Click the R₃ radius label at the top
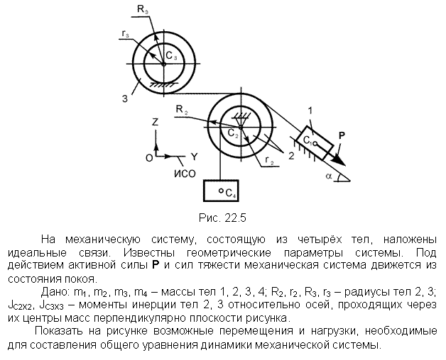click(143, 10)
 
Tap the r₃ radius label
click(126, 34)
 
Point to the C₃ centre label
click(171, 56)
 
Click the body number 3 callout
click(125, 99)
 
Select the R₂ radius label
click(182, 109)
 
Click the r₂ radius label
click(269, 160)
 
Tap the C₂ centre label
click(233, 133)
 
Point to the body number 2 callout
click(291, 156)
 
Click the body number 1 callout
click(310, 110)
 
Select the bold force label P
click(342, 135)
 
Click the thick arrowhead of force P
click(339, 160)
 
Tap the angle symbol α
click(329, 176)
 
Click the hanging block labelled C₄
click(221, 191)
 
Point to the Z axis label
click(155, 122)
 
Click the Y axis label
click(195, 157)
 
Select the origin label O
click(149, 158)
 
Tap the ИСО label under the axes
click(185, 174)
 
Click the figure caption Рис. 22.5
click(222, 218)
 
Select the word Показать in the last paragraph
click(59, 331)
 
